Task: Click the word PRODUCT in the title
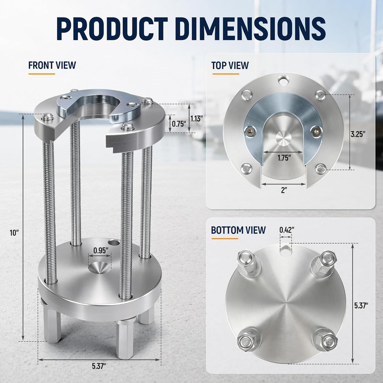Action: click(x=112, y=29)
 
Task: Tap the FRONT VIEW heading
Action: click(x=52, y=65)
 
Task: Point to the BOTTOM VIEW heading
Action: click(x=238, y=230)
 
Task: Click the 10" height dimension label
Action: click(x=14, y=233)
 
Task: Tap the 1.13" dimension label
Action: click(x=197, y=119)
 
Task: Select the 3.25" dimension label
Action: click(x=358, y=135)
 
